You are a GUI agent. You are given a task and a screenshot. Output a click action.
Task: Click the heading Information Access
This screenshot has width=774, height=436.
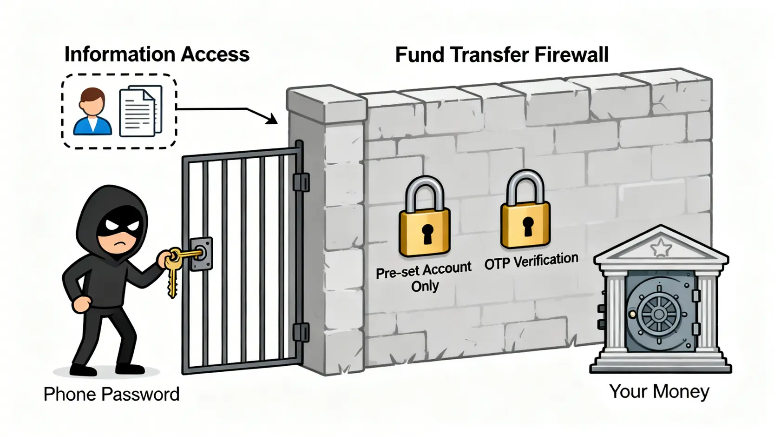[x=157, y=54]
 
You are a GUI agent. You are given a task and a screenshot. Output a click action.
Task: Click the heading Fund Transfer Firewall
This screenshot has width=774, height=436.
[x=501, y=55]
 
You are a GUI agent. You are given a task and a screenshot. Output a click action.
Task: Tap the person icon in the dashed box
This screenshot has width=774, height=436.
[x=92, y=112]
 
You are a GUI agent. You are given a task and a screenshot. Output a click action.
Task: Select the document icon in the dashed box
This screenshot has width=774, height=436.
[x=141, y=111]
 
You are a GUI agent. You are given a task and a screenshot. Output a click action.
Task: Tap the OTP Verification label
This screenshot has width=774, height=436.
[x=531, y=261]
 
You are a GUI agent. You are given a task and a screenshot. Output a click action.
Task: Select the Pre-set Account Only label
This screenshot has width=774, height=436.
[x=424, y=276]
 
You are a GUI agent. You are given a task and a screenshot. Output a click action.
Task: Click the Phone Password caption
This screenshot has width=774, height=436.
[x=111, y=394]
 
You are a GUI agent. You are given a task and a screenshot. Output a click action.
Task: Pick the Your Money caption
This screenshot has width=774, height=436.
[x=659, y=391]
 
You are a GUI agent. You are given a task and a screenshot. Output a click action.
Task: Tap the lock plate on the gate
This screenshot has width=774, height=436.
[x=202, y=254]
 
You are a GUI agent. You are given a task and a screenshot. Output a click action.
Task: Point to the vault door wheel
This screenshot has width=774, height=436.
[x=658, y=314]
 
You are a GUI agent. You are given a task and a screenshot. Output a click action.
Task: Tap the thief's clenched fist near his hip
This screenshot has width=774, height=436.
[x=82, y=303]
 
